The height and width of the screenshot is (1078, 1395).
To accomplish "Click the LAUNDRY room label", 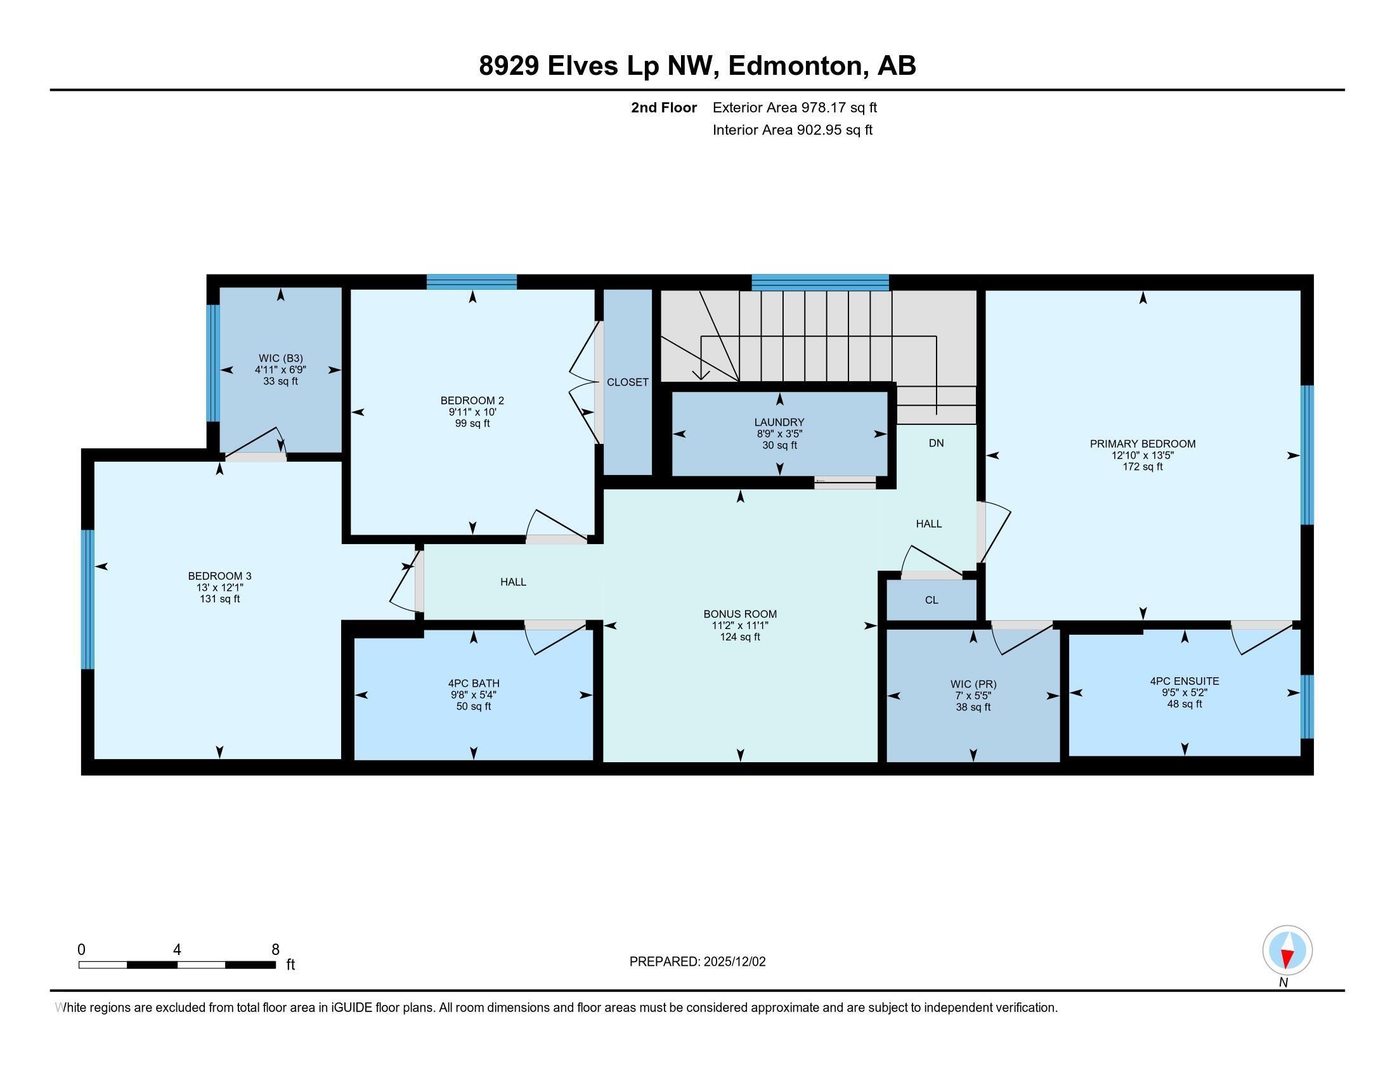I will pyautogui.click(x=779, y=422).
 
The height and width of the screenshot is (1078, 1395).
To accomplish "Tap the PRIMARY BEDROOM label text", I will pyautogui.click(x=1142, y=444).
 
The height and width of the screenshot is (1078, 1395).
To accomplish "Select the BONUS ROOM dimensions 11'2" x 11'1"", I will pyautogui.click(x=739, y=626).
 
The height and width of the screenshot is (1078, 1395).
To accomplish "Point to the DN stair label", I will pyautogui.click(x=936, y=443).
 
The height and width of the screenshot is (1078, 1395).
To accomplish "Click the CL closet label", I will pyautogui.click(x=931, y=601).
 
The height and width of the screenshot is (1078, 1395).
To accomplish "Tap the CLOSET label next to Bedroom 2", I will pyautogui.click(x=627, y=382).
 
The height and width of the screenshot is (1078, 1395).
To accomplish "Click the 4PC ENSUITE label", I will pyautogui.click(x=1184, y=682).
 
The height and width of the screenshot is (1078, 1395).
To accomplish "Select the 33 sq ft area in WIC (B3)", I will pyautogui.click(x=280, y=381).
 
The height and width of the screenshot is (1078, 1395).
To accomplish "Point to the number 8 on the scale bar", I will pyautogui.click(x=275, y=950).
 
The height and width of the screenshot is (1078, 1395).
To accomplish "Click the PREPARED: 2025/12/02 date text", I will pyautogui.click(x=697, y=962).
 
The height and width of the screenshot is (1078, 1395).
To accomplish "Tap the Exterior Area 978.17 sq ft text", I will pyautogui.click(x=795, y=107).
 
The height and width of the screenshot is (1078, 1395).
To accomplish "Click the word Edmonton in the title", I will pyautogui.click(x=794, y=66).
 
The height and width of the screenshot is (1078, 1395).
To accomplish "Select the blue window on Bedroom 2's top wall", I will pyautogui.click(x=471, y=282).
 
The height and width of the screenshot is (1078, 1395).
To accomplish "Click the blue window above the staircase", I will pyautogui.click(x=819, y=282).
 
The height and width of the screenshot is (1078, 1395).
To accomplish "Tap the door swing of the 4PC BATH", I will pyautogui.click(x=554, y=639).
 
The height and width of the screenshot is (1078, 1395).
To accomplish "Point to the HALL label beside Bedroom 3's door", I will pyautogui.click(x=513, y=581).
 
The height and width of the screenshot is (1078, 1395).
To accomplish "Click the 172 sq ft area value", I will pyautogui.click(x=1142, y=467).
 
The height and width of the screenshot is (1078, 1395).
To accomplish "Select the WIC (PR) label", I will pyautogui.click(x=973, y=685).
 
